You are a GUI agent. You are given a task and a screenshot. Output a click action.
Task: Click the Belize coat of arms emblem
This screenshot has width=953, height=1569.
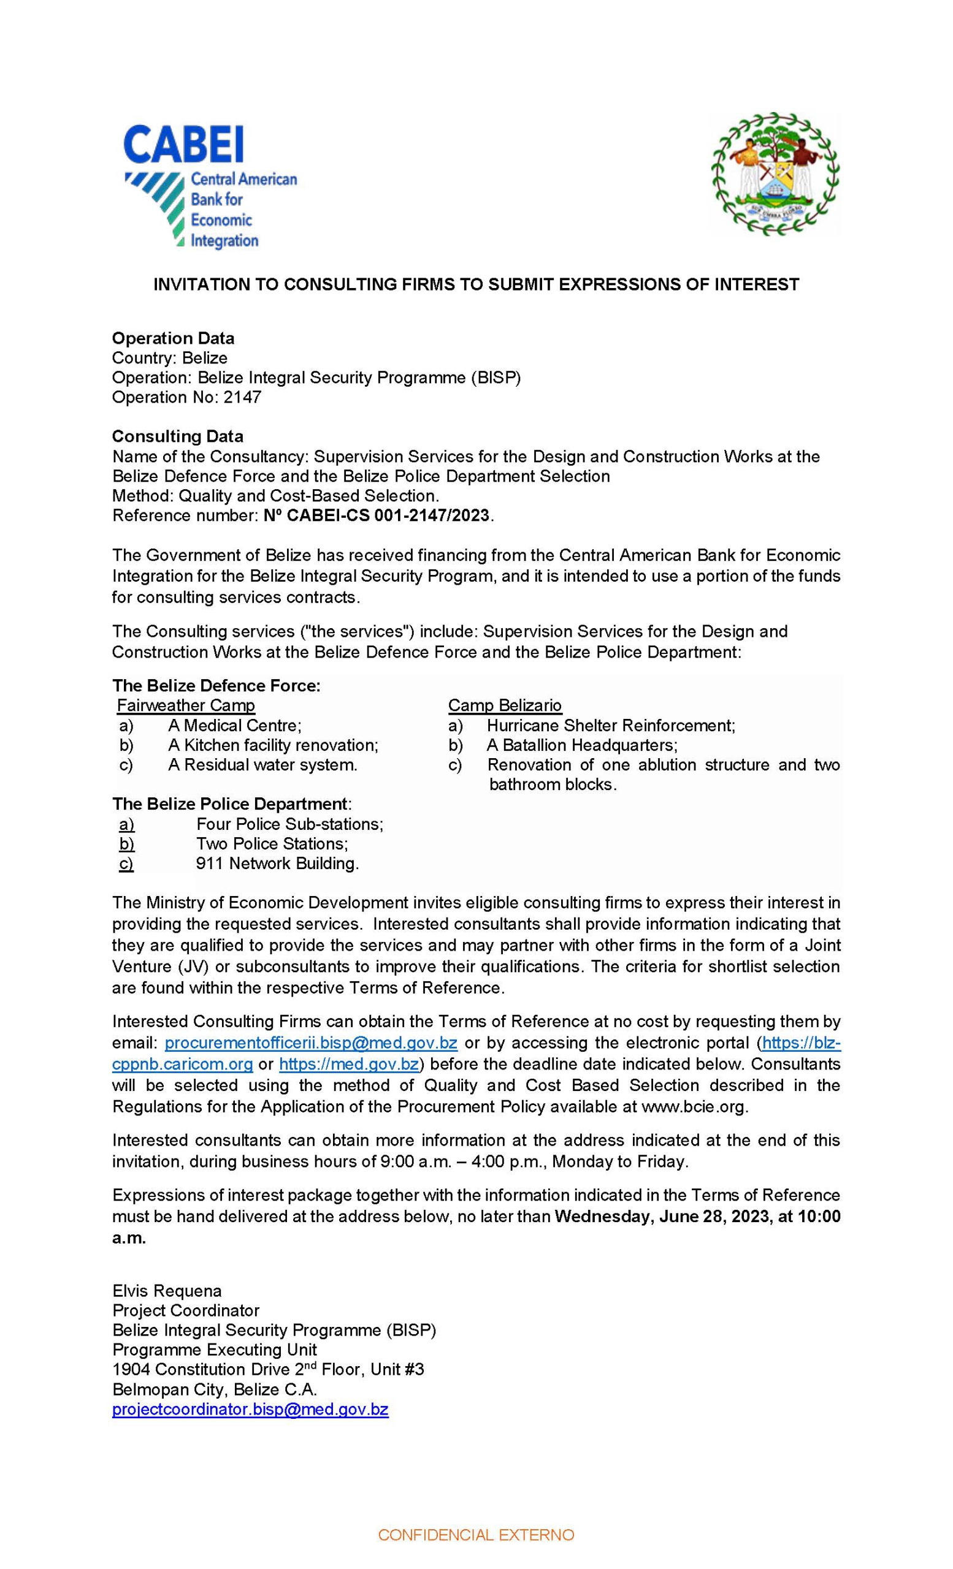pyautogui.click(x=775, y=174)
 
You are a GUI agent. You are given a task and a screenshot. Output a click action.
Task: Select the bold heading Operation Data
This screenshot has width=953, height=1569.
pyautogui.click(x=174, y=338)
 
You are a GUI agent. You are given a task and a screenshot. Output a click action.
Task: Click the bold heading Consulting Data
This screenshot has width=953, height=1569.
pyautogui.click(x=178, y=436)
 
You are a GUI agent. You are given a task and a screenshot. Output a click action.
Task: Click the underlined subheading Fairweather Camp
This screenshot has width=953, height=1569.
pyautogui.click(x=186, y=705)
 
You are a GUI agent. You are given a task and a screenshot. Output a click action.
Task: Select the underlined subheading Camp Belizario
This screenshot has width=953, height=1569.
pyautogui.click(x=505, y=705)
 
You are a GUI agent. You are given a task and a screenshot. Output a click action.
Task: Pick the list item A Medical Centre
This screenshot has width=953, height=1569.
pyautogui.click(x=234, y=725)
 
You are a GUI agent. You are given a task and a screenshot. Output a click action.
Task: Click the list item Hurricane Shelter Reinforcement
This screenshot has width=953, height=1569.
pyautogui.click(x=610, y=725)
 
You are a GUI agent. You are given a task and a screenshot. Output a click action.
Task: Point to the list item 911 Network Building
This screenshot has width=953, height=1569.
pyautogui.click(x=277, y=864)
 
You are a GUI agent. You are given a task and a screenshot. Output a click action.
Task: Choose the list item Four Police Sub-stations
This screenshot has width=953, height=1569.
pyautogui.click(x=289, y=824)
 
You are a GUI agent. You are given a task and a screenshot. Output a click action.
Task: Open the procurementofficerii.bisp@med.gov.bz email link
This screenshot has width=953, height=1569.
pyautogui.click(x=311, y=1043)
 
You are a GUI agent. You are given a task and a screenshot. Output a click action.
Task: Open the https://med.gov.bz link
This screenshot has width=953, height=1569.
pyautogui.click(x=348, y=1064)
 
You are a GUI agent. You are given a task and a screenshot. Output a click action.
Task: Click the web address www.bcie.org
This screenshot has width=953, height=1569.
pyautogui.click(x=693, y=1107)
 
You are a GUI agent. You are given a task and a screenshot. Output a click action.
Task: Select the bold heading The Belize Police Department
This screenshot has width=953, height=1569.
pyautogui.click(x=231, y=804)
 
